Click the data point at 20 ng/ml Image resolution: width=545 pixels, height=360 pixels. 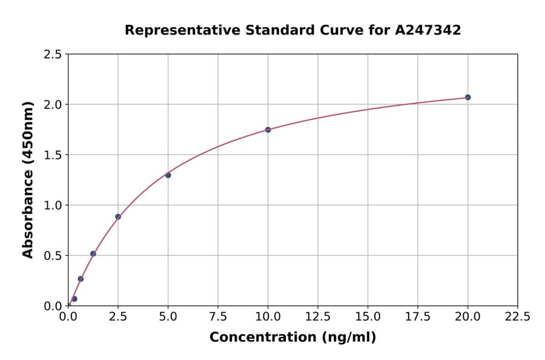[x=467, y=98]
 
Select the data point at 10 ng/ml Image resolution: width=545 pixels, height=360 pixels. [x=268, y=130]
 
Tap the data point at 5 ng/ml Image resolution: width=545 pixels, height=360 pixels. [x=168, y=175]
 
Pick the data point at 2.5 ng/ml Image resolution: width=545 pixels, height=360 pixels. [x=118, y=216]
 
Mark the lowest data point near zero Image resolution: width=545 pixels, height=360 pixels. [x=74, y=299]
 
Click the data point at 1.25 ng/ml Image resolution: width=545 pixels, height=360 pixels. [x=93, y=254]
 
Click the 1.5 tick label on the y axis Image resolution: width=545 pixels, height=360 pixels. [x=53, y=155]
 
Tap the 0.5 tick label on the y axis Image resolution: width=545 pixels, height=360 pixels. [x=53, y=256]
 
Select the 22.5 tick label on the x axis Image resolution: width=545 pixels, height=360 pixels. [x=517, y=317]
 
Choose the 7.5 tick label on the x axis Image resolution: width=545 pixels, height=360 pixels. [x=218, y=317]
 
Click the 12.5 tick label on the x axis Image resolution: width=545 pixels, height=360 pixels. [x=318, y=317]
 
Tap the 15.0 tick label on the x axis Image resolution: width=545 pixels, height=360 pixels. [x=368, y=317]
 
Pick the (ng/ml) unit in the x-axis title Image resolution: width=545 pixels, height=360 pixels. [x=348, y=338]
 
